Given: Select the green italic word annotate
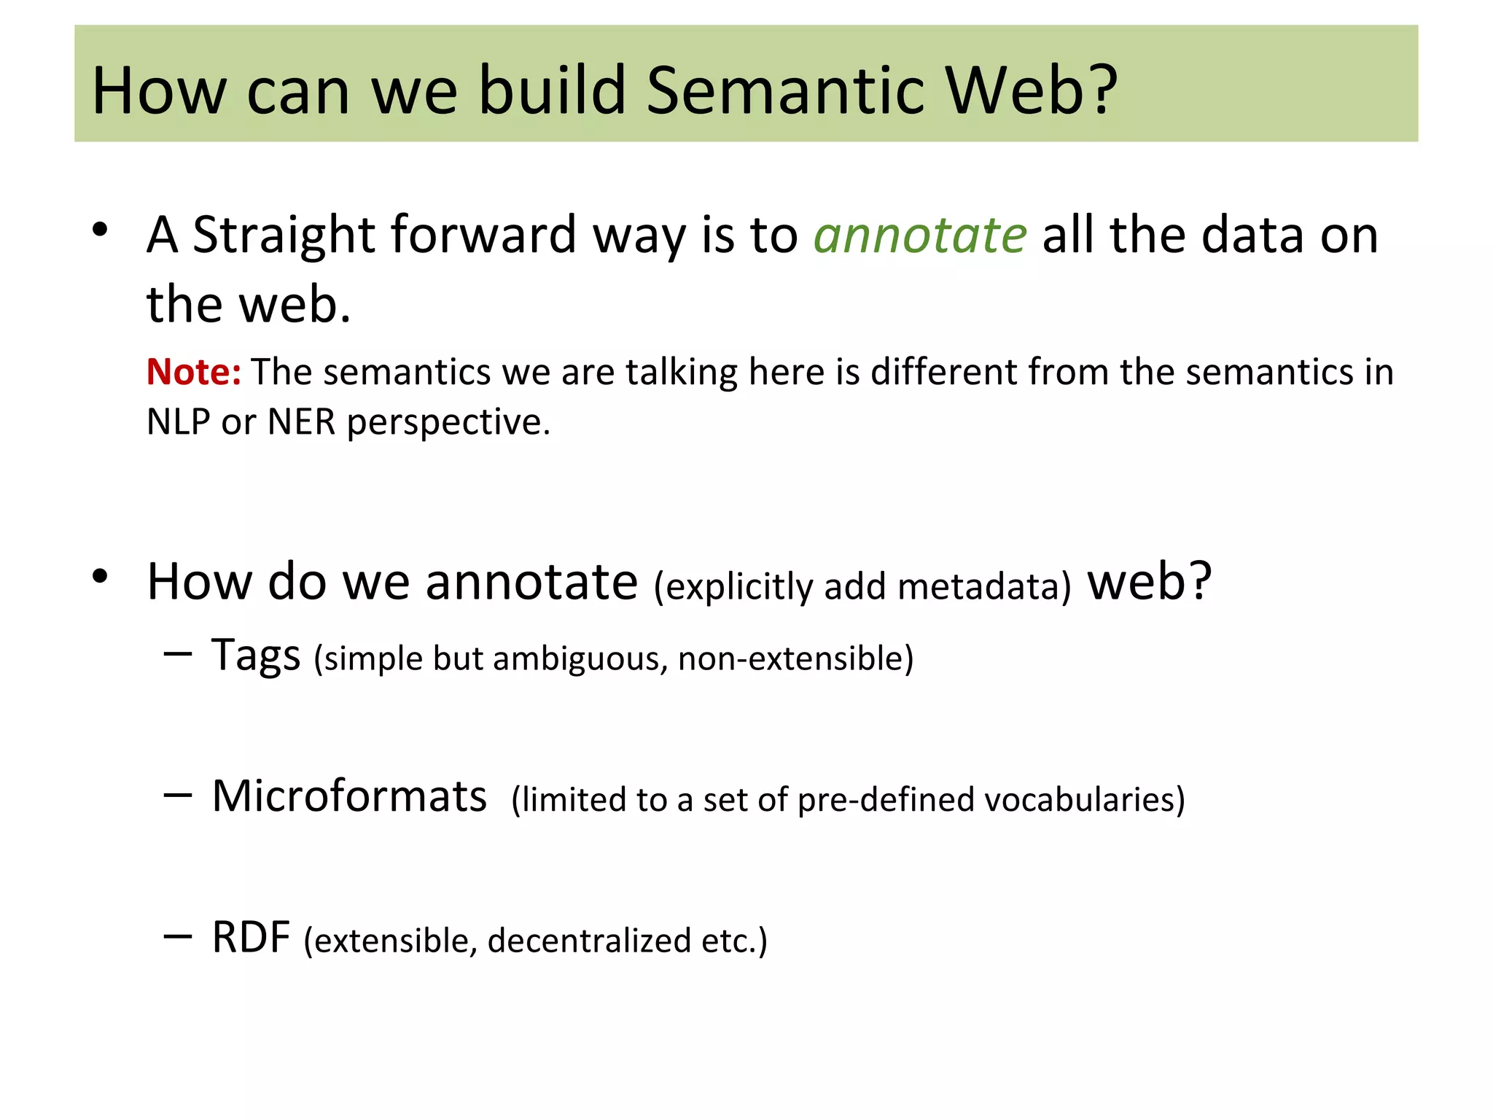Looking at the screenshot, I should pos(920,236).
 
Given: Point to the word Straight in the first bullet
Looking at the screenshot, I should pos(284,236).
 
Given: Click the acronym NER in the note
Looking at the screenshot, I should pos(301,422).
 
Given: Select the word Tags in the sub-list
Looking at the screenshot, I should pos(256,655).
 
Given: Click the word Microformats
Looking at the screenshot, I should pos(349,796).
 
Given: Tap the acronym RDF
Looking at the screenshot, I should pos(251,937).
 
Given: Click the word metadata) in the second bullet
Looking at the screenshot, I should pos(985,587).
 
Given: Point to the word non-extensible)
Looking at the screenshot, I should pos(795,658).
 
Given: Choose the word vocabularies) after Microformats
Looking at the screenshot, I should pos(1085,800).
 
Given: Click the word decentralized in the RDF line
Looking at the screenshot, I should pos(589,941).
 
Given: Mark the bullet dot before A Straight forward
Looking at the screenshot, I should pos(100,230).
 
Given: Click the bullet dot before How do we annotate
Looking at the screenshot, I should pos(100,577).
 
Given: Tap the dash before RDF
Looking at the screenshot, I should pos(178,936).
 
